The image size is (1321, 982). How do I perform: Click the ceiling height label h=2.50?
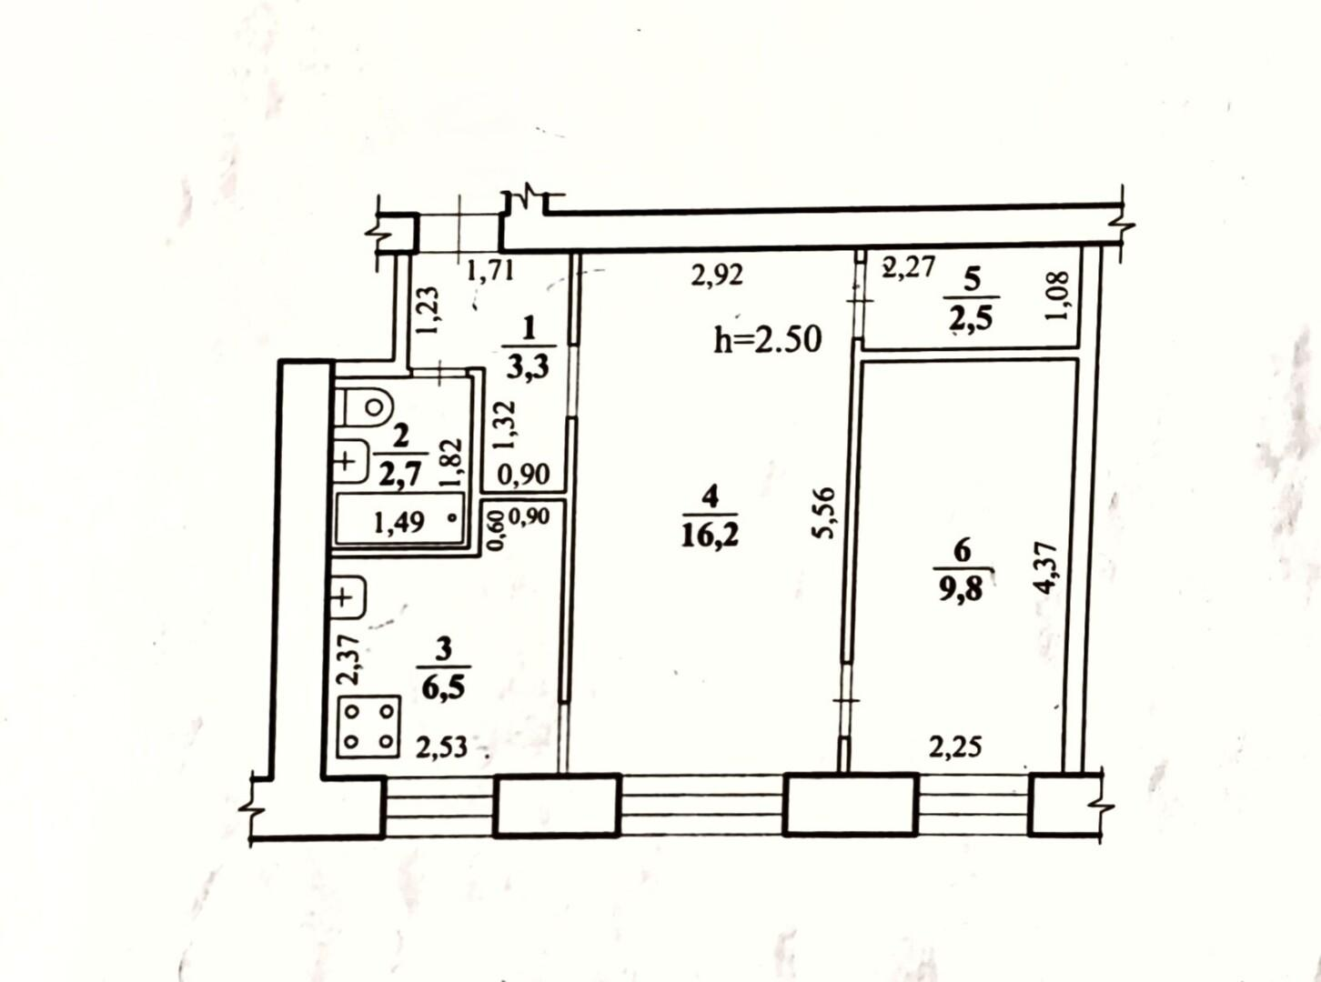coord(768,340)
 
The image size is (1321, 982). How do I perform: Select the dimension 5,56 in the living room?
coord(825,514)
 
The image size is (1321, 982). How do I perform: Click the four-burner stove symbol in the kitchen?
coord(368,726)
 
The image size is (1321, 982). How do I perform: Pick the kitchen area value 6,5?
coord(443,689)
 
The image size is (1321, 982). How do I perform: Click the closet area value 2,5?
coord(971,320)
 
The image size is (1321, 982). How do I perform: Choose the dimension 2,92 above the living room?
coord(717,276)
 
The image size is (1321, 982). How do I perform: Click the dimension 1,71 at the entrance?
coord(490,272)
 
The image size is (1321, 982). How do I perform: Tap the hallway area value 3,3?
coord(529,367)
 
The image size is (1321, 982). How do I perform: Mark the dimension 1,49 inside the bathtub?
coord(399,523)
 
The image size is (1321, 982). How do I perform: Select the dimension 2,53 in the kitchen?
coord(441,747)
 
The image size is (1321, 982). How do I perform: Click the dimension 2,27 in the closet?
coord(908,266)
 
